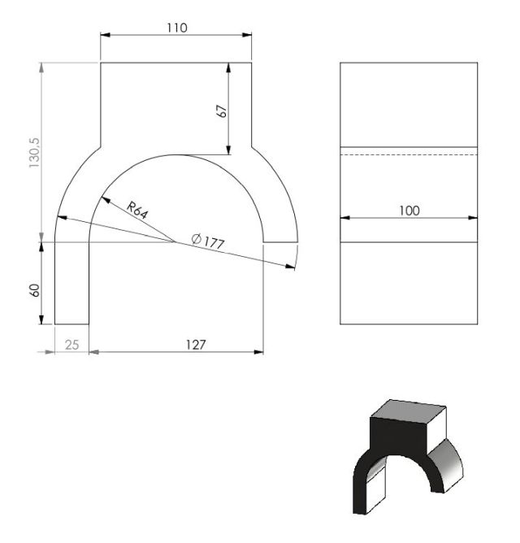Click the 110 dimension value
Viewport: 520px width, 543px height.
[x=177, y=28]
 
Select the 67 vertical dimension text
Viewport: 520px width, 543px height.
[x=222, y=111]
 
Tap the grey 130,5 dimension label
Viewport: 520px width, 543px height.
[x=35, y=153]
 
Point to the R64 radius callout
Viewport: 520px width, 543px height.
[x=137, y=211]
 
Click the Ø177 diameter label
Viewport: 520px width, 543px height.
[x=208, y=241]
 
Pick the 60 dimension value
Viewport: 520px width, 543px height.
[x=35, y=290]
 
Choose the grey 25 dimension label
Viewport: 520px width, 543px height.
[x=72, y=345]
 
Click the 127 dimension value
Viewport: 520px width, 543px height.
[x=196, y=345]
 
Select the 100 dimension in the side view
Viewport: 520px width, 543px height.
[x=409, y=211]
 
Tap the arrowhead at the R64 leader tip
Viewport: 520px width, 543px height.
[x=106, y=199]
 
